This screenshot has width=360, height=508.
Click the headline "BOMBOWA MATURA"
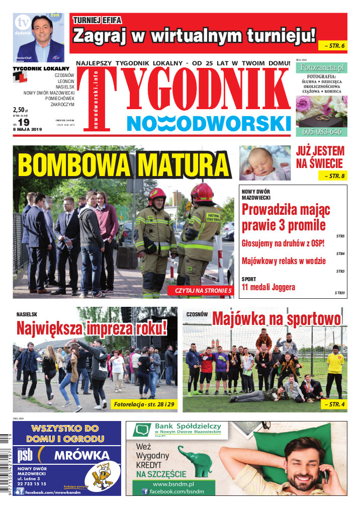pos(123,164)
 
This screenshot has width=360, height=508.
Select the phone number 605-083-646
pos(322,132)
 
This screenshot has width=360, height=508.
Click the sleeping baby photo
pos(265,163)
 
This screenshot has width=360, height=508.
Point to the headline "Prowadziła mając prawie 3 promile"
pos(284,217)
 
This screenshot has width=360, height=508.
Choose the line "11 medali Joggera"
pos(268,288)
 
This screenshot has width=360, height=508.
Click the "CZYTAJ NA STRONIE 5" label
pos(203,291)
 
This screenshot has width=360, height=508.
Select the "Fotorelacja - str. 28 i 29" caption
pos(142,404)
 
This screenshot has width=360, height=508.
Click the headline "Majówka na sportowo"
pos(276,318)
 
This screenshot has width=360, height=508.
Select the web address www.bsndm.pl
pos(170,483)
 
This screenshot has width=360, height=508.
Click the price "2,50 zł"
pos(21,110)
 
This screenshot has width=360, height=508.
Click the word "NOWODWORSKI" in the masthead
pos(209,124)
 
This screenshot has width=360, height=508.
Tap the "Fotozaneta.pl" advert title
pos(321,66)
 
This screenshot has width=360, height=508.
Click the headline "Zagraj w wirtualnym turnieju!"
pos(195,36)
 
